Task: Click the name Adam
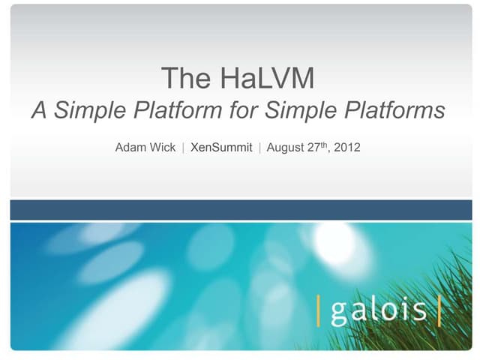(130, 148)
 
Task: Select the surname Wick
(163, 148)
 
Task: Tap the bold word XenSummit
(221, 148)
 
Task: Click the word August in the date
(286, 148)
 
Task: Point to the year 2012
(347, 148)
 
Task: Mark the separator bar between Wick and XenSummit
(184, 148)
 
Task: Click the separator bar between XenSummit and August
(259, 148)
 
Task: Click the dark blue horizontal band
(240, 210)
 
